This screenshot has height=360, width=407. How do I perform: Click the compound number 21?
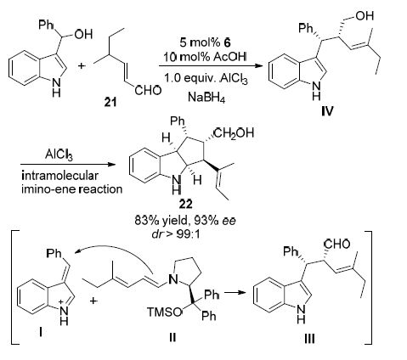[110, 102]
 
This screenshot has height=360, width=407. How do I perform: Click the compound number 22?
[185, 204]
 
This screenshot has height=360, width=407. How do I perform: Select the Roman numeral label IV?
[327, 111]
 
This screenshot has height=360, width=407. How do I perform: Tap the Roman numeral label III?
[309, 338]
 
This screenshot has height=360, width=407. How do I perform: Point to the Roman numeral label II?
[172, 337]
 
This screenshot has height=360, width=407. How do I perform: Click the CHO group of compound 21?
[148, 91]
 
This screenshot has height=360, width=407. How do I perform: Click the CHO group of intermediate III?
[336, 244]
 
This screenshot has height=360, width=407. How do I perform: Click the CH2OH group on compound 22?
[235, 132]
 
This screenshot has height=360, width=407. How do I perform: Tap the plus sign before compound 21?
[82, 66]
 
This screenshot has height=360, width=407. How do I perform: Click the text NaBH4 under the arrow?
[206, 98]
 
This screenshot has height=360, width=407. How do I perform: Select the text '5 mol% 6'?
[205, 42]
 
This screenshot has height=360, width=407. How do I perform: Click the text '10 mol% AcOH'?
[205, 57]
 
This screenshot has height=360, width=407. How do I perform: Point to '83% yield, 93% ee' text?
[185, 221]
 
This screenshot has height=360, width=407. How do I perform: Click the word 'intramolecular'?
[59, 176]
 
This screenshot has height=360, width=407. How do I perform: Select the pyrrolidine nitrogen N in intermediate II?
[173, 280]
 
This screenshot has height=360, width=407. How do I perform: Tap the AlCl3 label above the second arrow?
[59, 155]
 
